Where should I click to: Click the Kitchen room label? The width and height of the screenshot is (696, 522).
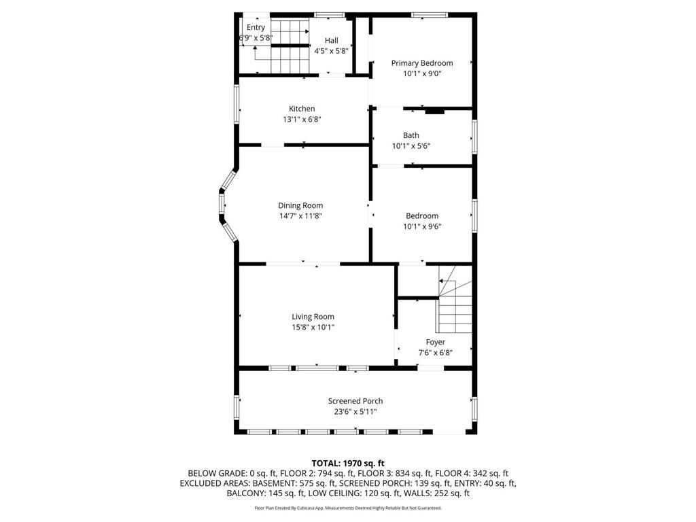click(x=302, y=109)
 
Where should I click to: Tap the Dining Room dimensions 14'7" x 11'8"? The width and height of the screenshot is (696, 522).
click(x=300, y=216)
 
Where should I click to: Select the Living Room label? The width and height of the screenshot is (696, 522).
click(x=313, y=316)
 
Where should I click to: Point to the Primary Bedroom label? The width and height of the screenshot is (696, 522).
click(x=421, y=63)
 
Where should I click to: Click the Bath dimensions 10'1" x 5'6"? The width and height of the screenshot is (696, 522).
click(x=411, y=146)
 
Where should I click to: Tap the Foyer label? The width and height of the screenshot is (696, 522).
click(x=435, y=342)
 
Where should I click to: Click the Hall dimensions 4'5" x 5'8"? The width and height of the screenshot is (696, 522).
click(x=331, y=51)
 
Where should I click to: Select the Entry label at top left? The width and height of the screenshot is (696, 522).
click(x=256, y=27)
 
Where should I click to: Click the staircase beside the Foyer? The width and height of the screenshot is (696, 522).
click(x=454, y=306)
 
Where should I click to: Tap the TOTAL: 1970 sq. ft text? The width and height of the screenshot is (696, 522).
click(x=347, y=462)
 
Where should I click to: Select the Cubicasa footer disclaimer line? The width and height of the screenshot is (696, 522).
click(x=347, y=508)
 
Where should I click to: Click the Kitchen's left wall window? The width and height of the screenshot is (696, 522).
click(x=237, y=103)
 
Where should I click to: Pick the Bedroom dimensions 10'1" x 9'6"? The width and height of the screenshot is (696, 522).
click(x=421, y=227)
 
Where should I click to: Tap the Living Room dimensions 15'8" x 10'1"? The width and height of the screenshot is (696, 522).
click(x=313, y=327)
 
